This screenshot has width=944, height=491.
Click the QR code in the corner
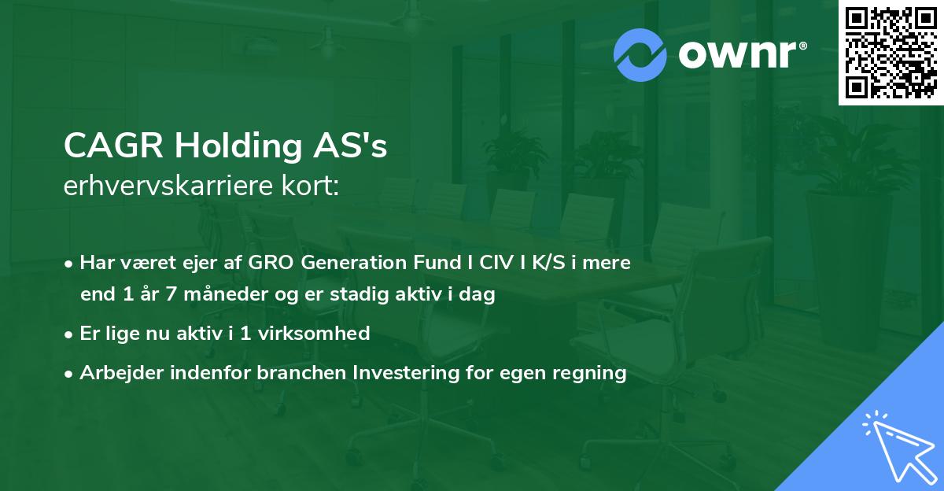point(891,53)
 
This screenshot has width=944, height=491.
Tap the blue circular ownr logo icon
point(640,55)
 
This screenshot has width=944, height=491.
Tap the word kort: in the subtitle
point(311,187)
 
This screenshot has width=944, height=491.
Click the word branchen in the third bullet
point(293,373)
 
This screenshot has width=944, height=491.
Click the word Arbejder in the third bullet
point(117,373)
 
